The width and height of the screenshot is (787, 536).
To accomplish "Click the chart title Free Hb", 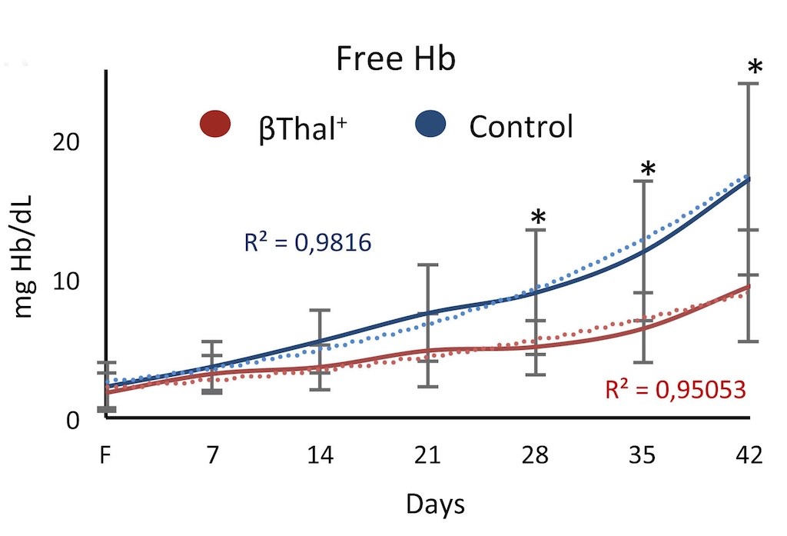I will [x=395, y=60].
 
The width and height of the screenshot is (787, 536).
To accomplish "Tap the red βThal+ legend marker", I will [x=215, y=124].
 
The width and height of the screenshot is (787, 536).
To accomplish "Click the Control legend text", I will [x=521, y=125].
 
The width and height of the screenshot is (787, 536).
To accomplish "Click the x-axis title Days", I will [x=435, y=504].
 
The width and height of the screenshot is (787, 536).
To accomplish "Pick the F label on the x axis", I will [x=106, y=455].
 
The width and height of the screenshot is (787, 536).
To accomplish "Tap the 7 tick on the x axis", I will [x=213, y=455].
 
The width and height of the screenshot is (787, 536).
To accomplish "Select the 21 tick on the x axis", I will [x=427, y=455].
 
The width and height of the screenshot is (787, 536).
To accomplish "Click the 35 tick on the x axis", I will [x=642, y=455].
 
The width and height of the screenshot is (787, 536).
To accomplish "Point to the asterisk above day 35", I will [x=648, y=169].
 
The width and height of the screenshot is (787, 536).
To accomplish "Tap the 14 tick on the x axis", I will [x=320, y=455].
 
